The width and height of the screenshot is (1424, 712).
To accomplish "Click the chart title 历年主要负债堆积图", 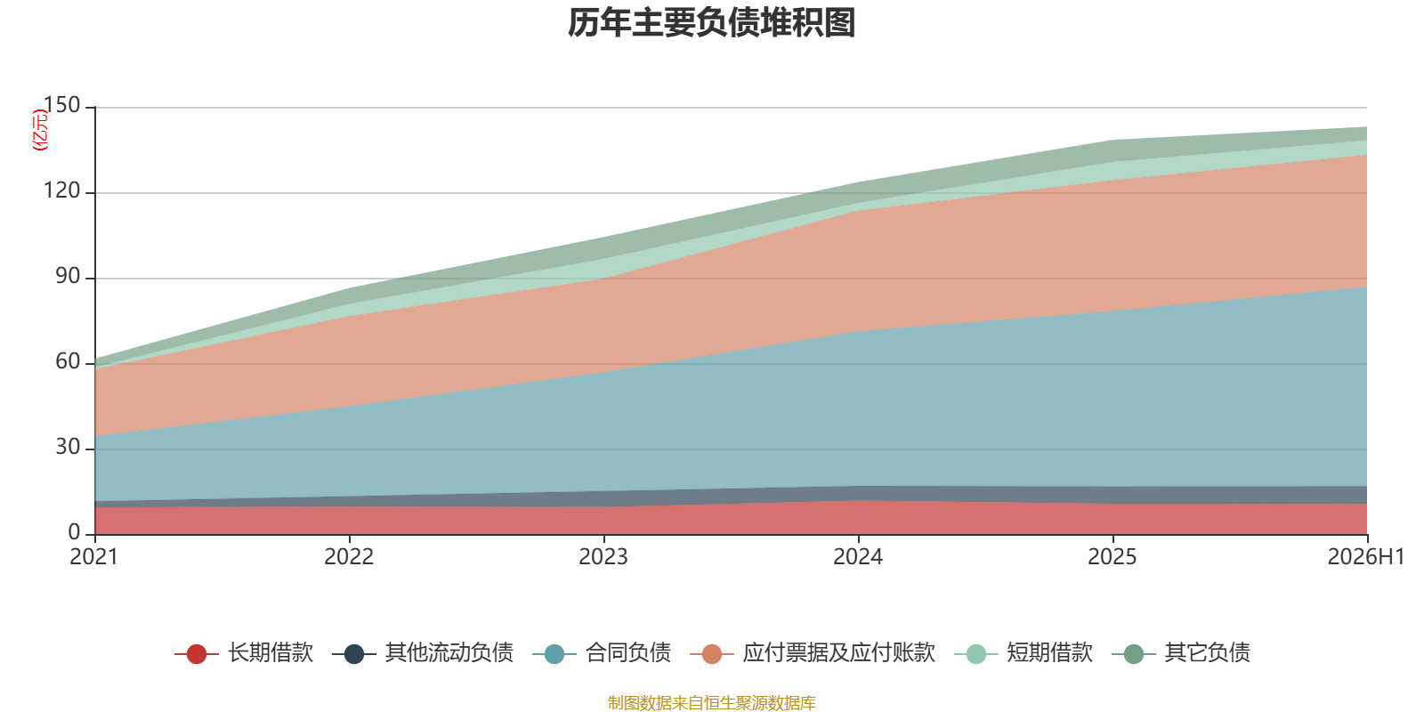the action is [x=711, y=23].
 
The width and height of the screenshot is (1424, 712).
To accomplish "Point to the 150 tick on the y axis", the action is [x=61, y=105].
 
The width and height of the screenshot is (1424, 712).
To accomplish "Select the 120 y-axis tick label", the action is [x=61, y=190].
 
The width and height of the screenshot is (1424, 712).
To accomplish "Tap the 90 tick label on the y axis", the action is [x=68, y=276].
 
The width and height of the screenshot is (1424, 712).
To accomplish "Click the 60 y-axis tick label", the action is [x=68, y=361].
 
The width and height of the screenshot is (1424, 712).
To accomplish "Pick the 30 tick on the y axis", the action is [x=68, y=447].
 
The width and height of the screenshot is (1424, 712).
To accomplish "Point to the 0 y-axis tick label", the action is [x=75, y=532].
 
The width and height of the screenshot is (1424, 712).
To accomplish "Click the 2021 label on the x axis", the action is [x=94, y=557].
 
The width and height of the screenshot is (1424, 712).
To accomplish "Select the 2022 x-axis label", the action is [x=349, y=557].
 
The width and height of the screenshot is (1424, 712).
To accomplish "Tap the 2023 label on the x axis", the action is [x=603, y=557].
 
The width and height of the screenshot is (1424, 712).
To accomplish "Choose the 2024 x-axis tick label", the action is [x=858, y=557].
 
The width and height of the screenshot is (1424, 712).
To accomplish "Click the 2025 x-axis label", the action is [x=1112, y=557].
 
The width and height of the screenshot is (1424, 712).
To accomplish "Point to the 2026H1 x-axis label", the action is [x=1366, y=557].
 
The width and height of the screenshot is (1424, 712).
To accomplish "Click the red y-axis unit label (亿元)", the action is [x=40, y=130].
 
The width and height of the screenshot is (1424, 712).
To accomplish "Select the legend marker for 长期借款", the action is [x=197, y=653].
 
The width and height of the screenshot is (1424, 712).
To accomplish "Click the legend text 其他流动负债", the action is [x=449, y=653].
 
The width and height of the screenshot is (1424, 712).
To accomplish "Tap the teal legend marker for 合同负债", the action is [x=554, y=653].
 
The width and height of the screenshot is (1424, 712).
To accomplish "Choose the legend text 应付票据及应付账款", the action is [x=839, y=653].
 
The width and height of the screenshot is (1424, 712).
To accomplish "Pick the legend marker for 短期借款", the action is [x=975, y=653].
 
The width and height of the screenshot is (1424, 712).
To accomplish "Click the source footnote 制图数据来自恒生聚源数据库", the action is [x=711, y=702].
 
